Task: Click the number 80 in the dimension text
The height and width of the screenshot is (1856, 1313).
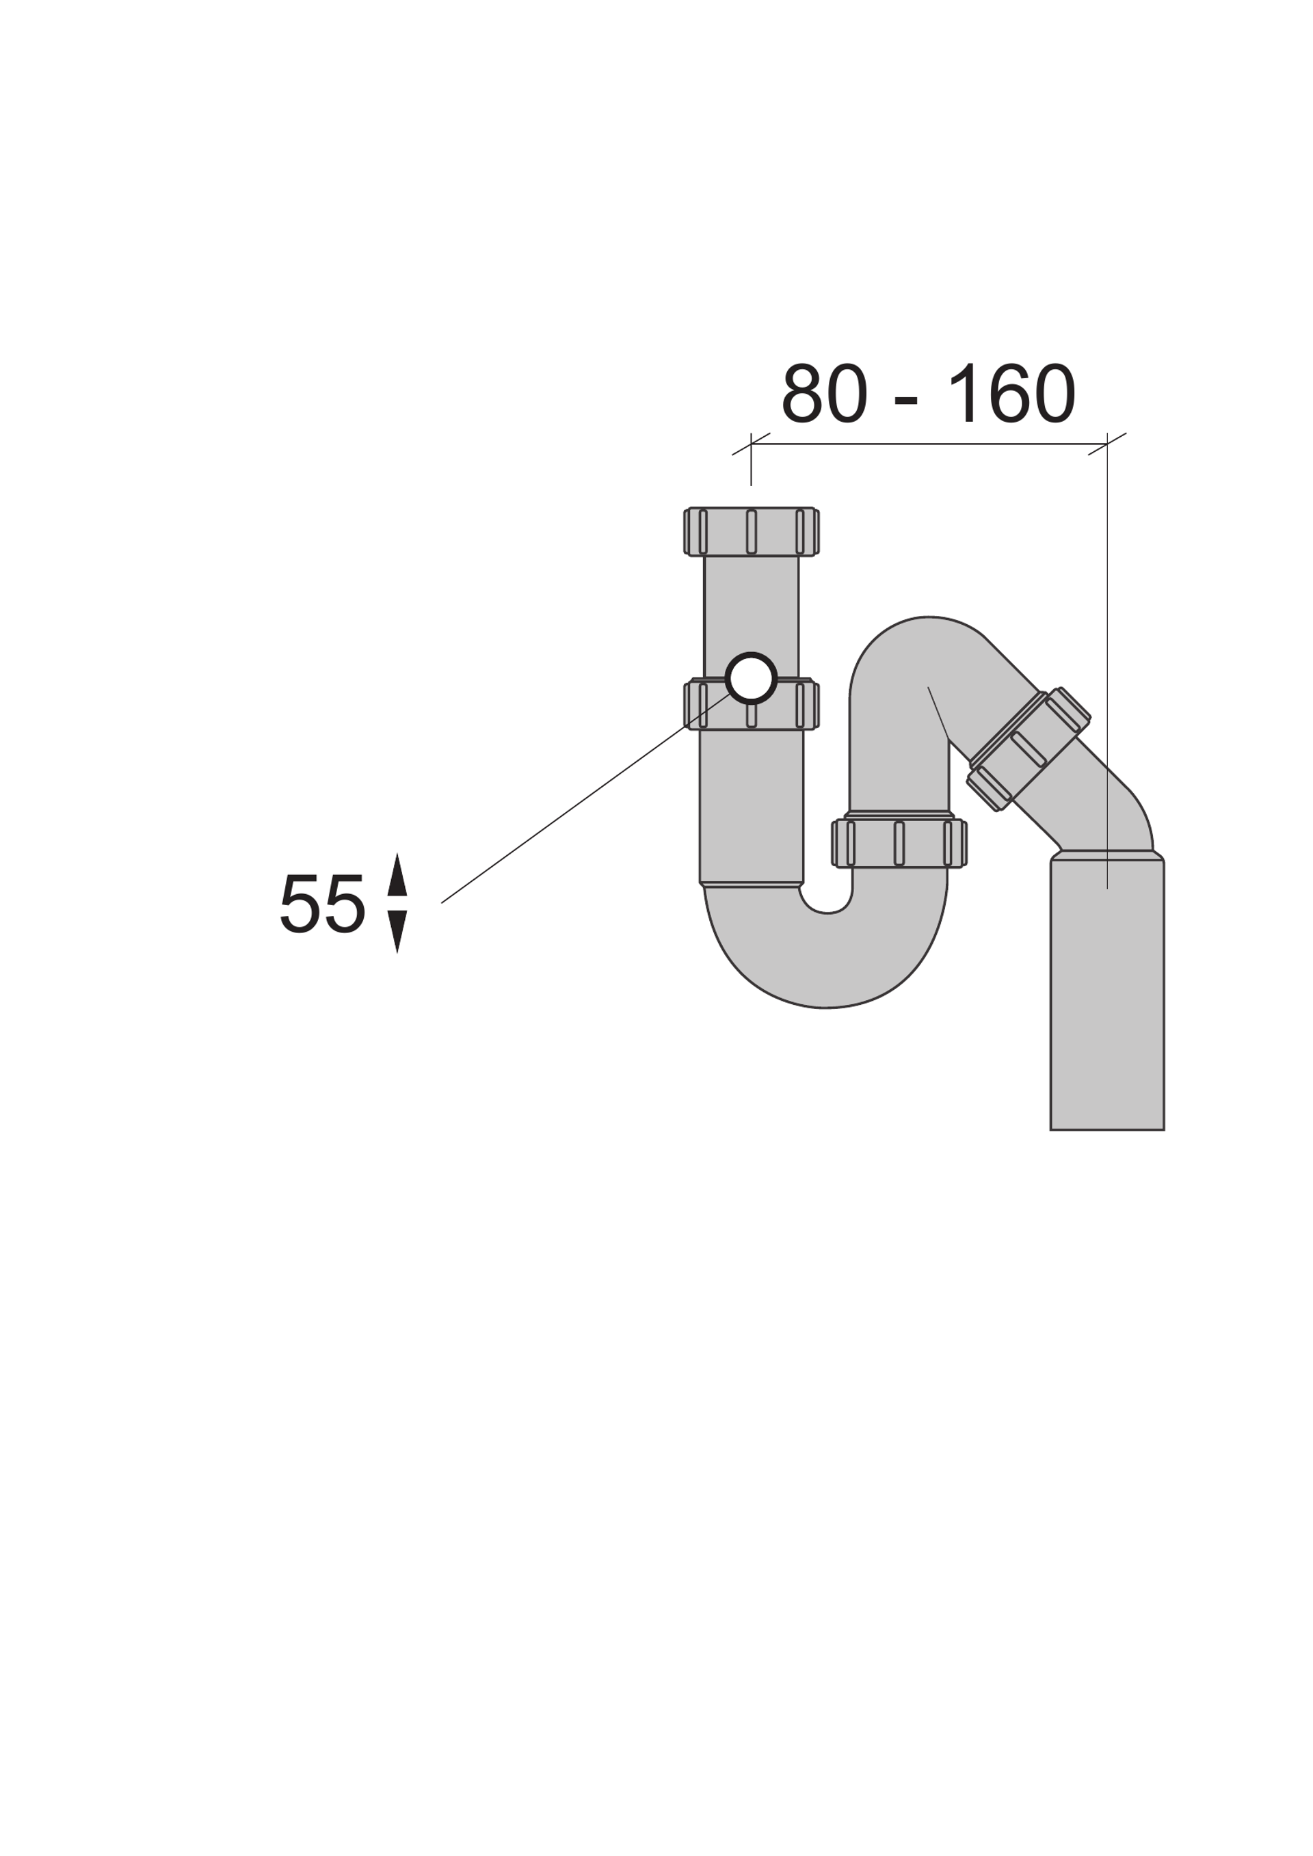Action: pyautogui.click(x=825, y=393)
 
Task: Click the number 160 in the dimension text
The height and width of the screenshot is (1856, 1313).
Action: pyautogui.click(x=1011, y=393)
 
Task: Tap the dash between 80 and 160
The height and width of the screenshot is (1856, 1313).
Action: pyautogui.click(x=906, y=400)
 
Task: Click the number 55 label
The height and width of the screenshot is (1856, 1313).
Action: pyautogui.click(x=323, y=903)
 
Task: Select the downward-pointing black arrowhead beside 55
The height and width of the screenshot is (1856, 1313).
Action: pyautogui.click(x=397, y=931)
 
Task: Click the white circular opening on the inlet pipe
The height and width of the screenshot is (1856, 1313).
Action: pyautogui.click(x=751, y=677)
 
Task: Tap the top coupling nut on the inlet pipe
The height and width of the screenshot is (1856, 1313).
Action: pyautogui.click(x=751, y=531)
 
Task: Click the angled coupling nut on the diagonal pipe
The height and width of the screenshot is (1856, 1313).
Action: pyautogui.click(x=1029, y=749)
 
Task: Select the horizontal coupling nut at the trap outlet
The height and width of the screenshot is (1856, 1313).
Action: pyautogui.click(x=899, y=843)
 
